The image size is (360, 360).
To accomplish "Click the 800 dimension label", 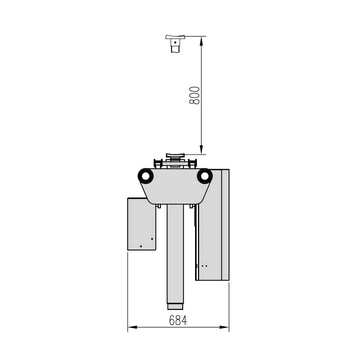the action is (194, 95).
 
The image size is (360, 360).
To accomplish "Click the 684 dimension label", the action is (178, 320).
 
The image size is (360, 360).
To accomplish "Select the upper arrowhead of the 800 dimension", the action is (201, 41).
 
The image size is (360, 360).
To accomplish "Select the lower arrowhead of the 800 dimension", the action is (201, 150).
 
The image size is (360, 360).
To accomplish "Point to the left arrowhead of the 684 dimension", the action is (132, 327).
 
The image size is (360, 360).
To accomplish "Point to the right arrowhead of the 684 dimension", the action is (224, 327).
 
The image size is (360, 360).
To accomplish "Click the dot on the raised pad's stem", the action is (175, 42).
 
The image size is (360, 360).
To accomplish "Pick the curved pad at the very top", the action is (175, 37).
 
